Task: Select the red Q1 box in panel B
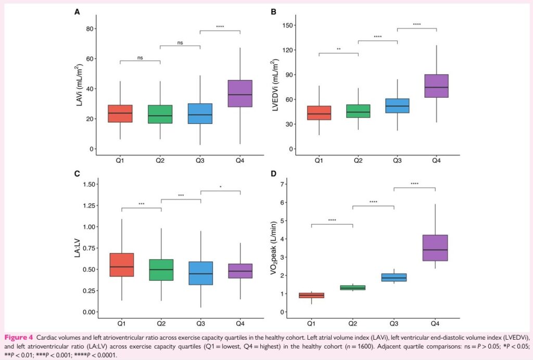coord(319,113)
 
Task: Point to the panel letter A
coord(78,11)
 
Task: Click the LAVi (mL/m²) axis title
coord(79,86)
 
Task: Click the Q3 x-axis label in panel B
coord(397,161)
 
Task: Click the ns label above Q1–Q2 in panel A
coord(140,58)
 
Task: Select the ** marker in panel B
coord(338,49)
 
